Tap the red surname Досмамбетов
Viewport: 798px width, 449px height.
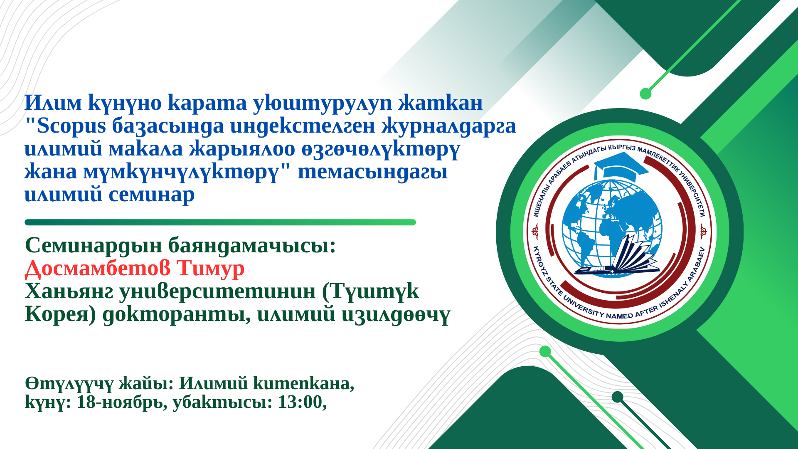pyautogui.click(x=98, y=268)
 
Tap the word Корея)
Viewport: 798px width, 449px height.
pyautogui.click(x=61, y=314)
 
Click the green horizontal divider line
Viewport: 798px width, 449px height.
pyautogui.click(x=220, y=222)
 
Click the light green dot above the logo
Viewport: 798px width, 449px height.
pyautogui.click(x=645, y=94)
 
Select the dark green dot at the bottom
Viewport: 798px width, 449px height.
pyautogui.click(x=618, y=397)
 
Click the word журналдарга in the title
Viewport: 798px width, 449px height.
pyautogui.click(x=449, y=126)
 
